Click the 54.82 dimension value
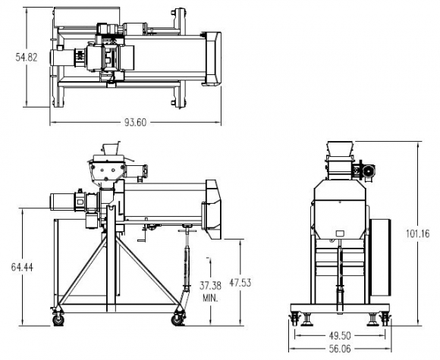27,57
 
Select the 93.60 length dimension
136,122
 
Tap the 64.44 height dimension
22,267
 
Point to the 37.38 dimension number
210,286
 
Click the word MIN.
210,298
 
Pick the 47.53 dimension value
240,283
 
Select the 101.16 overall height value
418,233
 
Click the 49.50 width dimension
340,335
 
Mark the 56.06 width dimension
340,349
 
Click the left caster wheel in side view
58,320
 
